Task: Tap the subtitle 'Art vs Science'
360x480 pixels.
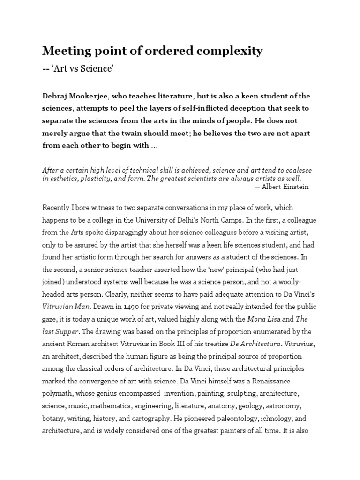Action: tap(84, 69)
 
